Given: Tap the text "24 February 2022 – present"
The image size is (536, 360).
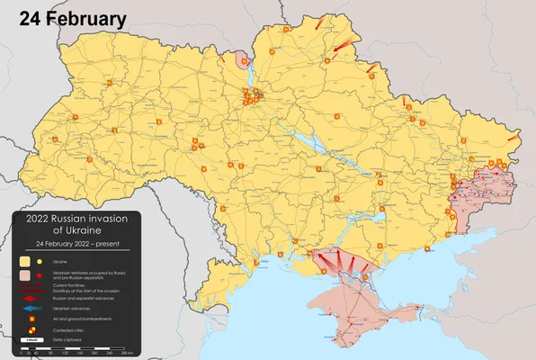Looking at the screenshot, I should click(x=76, y=244).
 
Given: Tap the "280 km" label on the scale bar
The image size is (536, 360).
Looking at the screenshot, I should click(x=127, y=353).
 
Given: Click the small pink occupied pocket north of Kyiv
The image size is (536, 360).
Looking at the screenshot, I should click(x=241, y=61).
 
